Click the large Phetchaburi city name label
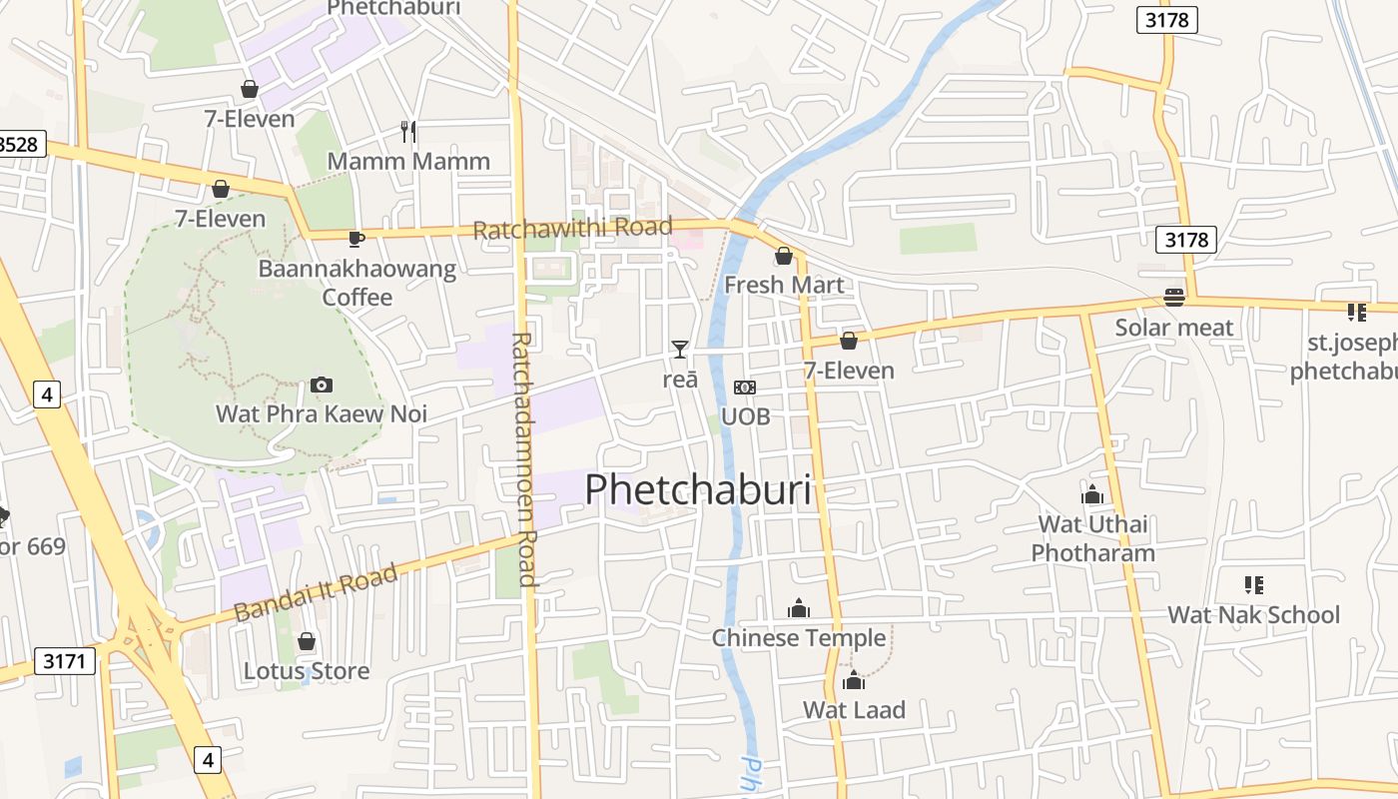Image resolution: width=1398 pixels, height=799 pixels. pos(698,490)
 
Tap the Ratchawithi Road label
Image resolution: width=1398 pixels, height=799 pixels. pos(572,229)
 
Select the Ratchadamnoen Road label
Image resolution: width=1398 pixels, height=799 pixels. pos(524,459)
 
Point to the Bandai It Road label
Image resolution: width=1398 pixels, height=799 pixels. pos(317,592)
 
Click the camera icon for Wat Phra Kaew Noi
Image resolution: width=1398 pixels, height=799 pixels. pos(321,385)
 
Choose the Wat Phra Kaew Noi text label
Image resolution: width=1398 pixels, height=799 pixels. pos(322,413)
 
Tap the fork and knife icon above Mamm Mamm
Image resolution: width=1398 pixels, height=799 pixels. pos(408,131)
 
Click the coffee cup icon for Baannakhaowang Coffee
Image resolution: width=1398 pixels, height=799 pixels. pos(356,239)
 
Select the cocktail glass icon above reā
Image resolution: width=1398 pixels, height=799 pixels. pos(680,349)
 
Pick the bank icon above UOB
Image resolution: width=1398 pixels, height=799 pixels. pos(745,388)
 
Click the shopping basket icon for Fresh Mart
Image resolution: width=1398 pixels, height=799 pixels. pos(784,256)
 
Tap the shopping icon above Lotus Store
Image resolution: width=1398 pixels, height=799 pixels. pos(307,641)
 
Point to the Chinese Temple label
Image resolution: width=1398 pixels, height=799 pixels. pos(799,637)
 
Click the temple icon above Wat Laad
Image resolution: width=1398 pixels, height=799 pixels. pos(854,681)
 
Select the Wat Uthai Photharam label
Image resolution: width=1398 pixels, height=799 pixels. pos(1092,538)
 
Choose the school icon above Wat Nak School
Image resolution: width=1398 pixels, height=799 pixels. pos(1254,585)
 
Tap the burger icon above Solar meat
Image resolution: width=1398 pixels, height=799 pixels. pos(1173,298)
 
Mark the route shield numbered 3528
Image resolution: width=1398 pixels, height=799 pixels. pos(20,144)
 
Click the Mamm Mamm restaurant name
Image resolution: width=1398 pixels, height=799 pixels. pos(408,161)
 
